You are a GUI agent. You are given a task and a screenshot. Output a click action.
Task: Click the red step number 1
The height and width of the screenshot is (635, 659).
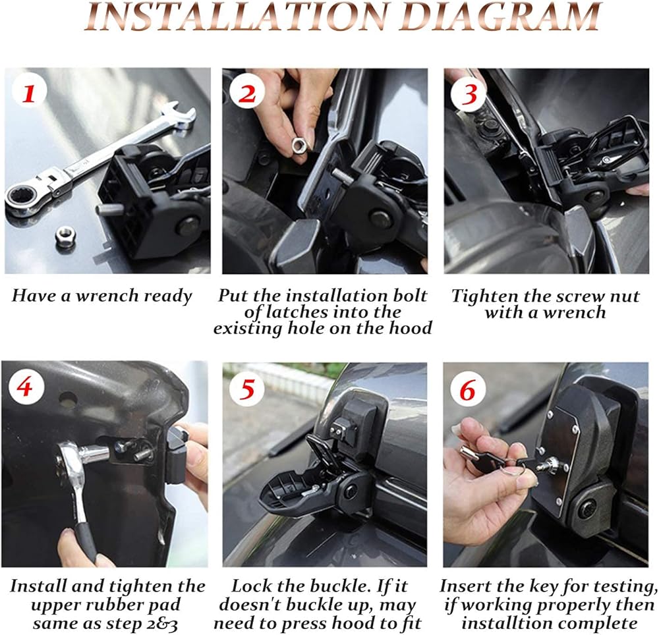pyautogui.click(x=28, y=94)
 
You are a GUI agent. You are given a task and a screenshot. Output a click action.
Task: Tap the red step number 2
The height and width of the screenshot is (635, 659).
pyautogui.click(x=247, y=94)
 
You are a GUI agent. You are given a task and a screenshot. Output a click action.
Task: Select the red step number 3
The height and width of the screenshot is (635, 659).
pyautogui.click(x=469, y=94)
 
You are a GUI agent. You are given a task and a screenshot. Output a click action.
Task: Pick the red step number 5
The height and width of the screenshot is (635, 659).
pyautogui.click(x=246, y=389)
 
